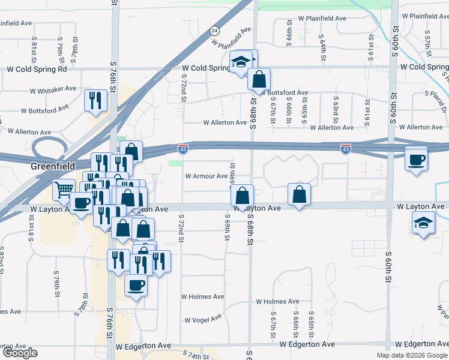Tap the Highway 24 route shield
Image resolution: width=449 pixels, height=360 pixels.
click(x=214, y=30)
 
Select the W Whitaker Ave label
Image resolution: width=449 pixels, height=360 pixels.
click(x=53, y=88)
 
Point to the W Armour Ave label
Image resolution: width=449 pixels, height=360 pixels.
click(x=206, y=176)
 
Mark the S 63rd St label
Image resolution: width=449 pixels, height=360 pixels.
click(x=335, y=105)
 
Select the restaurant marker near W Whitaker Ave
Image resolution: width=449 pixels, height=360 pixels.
click(x=95, y=100)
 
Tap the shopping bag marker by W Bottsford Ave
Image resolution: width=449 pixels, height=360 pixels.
click(x=259, y=79)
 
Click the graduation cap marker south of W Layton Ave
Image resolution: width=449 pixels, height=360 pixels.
click(x=423, y=223)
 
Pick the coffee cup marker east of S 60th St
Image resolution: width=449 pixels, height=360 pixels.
click(x=416, y=160)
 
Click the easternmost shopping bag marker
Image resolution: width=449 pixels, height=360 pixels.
click(x=299, y=194)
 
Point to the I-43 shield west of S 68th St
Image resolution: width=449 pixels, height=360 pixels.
click(x=183, y=147)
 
